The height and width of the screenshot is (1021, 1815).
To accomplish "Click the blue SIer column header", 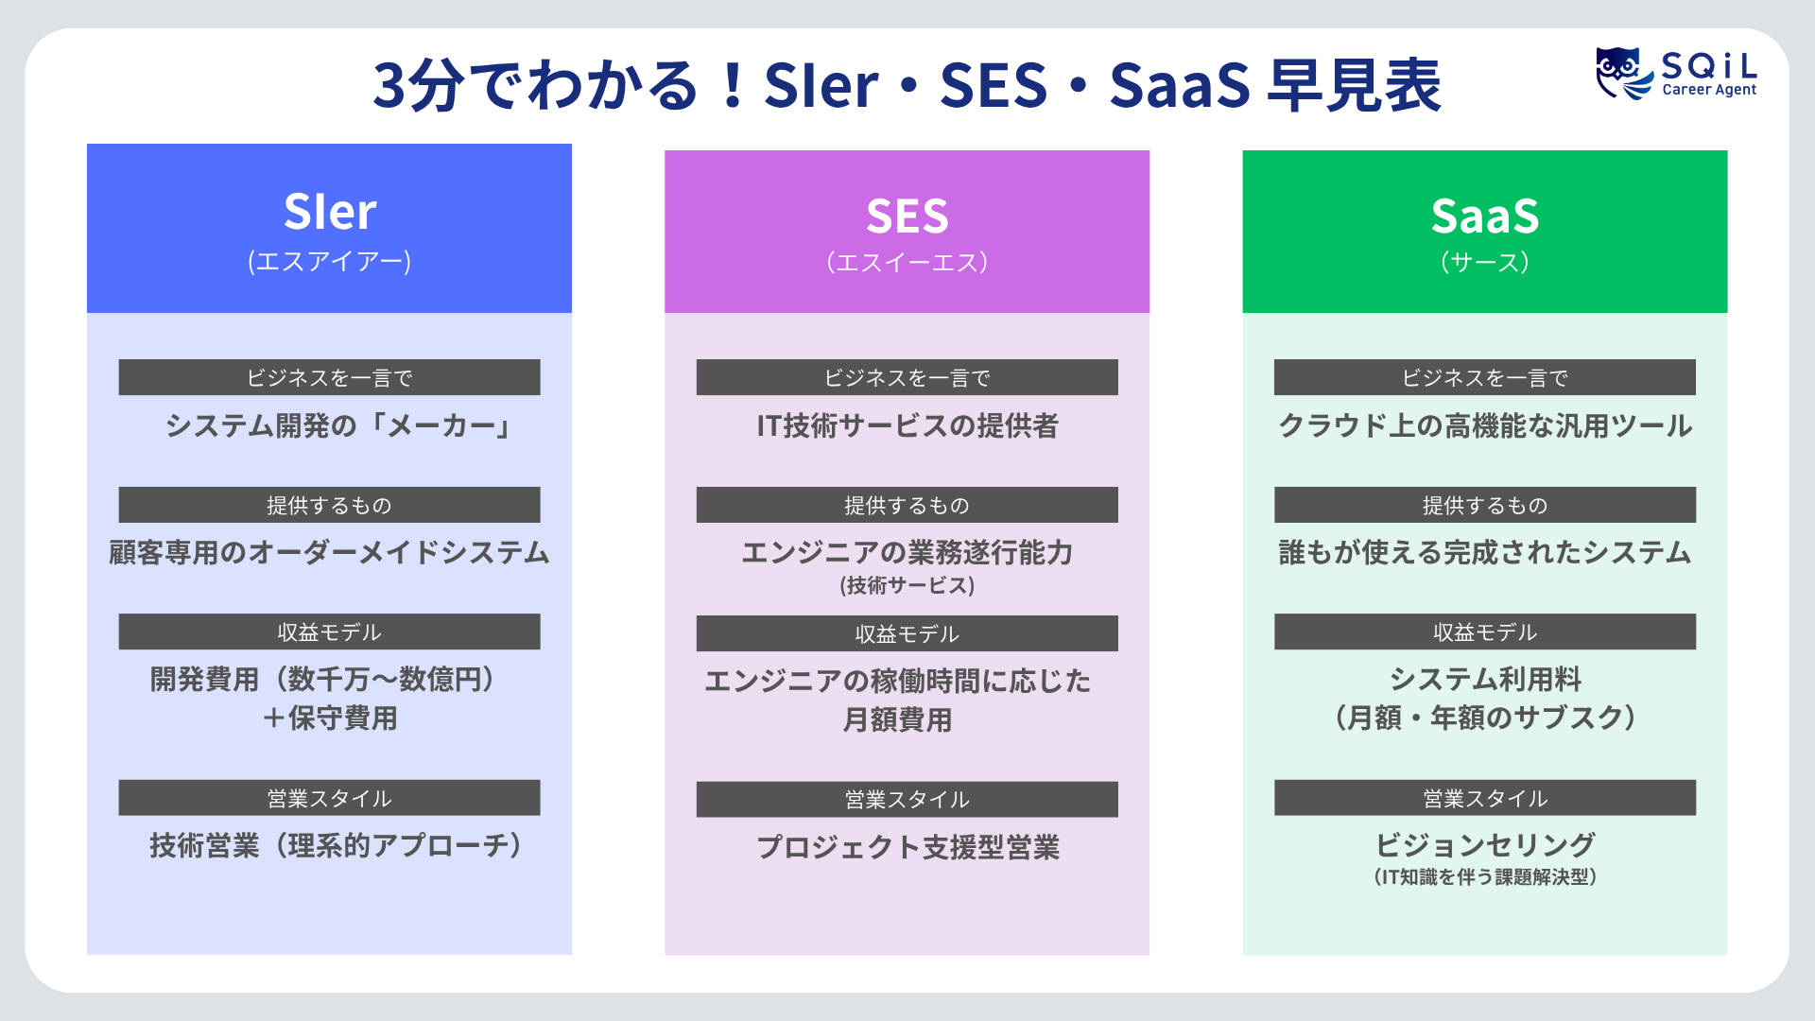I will click(329, 228).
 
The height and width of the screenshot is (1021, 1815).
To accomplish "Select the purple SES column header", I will click(907, 232).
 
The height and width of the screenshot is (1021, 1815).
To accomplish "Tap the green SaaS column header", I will click(1484, 232).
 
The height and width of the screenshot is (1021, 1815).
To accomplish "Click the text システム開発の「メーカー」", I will click(338, 426).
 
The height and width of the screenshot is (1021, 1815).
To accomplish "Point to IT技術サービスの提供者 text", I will click(907, 426).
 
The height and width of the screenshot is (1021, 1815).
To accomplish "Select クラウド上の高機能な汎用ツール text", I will click(1484, 426).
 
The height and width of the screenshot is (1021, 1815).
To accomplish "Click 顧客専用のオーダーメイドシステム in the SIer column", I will click(329, 553).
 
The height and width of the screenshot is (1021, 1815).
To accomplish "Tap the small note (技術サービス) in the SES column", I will click(907, 585).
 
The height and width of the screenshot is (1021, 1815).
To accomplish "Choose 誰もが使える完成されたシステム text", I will click(1484, 553).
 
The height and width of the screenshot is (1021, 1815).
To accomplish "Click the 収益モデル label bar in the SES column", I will click(907, 633).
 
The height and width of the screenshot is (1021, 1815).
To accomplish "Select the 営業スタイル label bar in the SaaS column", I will click(1484, 798).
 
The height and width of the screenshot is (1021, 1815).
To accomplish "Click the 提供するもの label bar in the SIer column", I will click(329, 505).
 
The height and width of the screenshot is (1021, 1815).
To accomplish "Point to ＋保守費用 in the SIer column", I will click(329, 718).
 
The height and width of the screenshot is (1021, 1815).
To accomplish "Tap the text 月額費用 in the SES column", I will click(897, 720).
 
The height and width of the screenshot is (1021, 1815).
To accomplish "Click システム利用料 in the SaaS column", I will click(1484, 679).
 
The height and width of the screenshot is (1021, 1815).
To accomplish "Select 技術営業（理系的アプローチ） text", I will click(336, 845).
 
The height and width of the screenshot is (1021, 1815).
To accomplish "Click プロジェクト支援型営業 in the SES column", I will click(907, 847).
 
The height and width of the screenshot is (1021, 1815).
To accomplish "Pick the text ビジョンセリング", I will click(1484, 844).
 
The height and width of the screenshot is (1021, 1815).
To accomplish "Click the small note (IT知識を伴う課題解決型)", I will click(1484, 877).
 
